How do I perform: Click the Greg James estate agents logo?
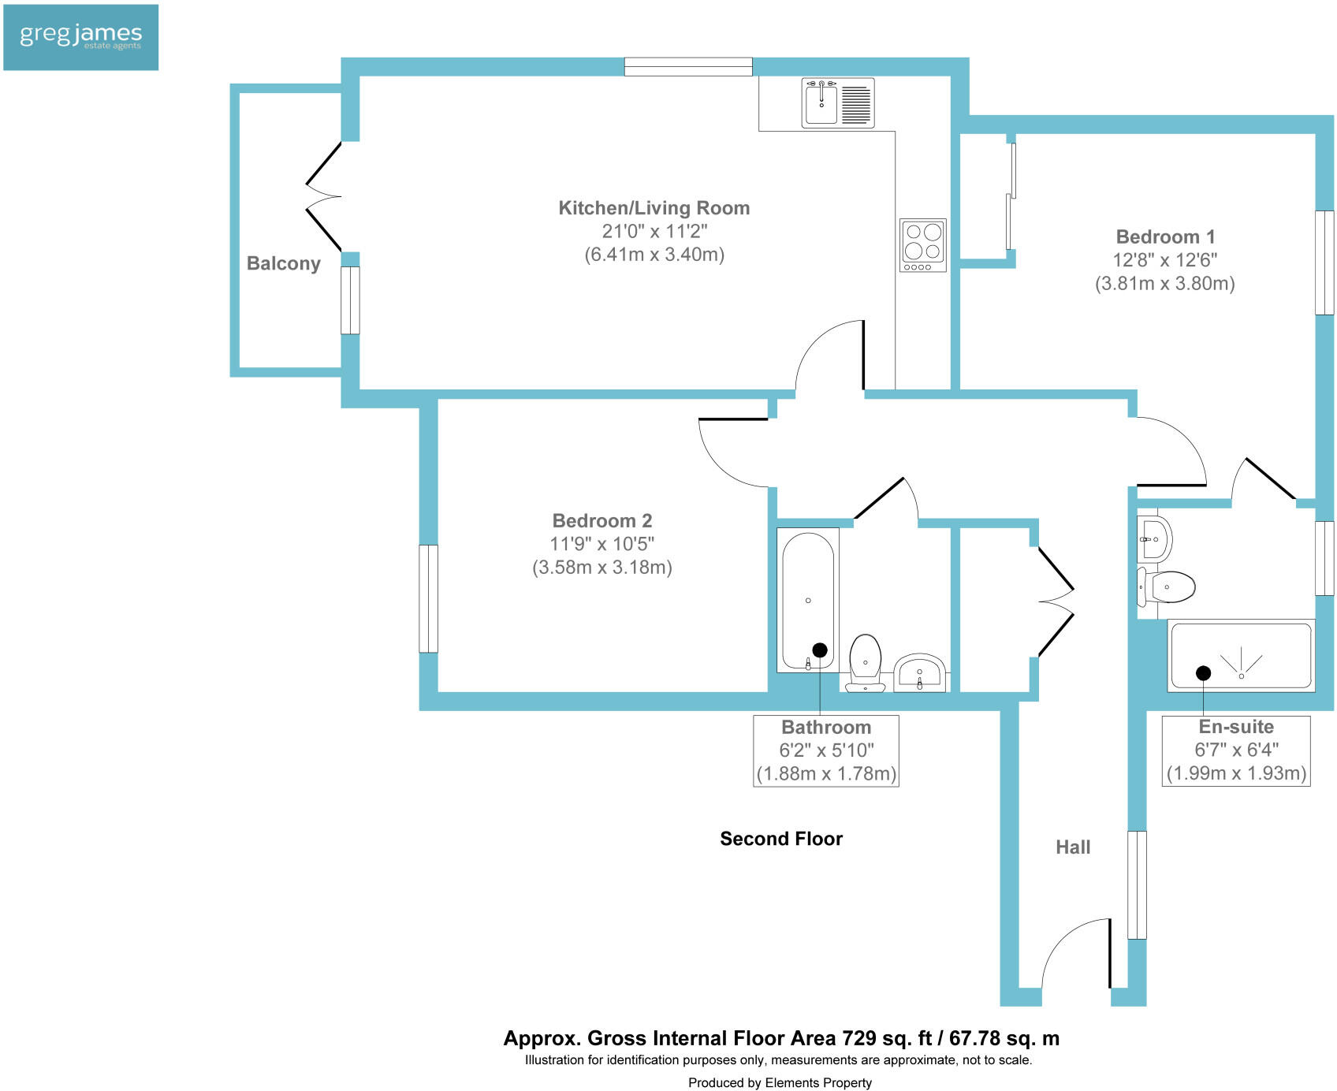point(80,37)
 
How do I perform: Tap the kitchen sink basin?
point(821,103)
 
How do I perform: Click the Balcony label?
point(283,263)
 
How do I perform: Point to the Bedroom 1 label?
point(1165,236)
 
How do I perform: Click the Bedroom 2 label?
point(601,520)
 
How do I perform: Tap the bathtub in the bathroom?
point(807,599)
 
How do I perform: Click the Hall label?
point(1072,847)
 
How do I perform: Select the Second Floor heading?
point(780,839)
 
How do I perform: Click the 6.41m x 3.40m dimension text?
point(654,255)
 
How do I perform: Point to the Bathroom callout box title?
point(825,727)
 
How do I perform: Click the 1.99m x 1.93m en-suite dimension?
point(1236,773)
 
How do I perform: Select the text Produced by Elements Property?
point(780,1082)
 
